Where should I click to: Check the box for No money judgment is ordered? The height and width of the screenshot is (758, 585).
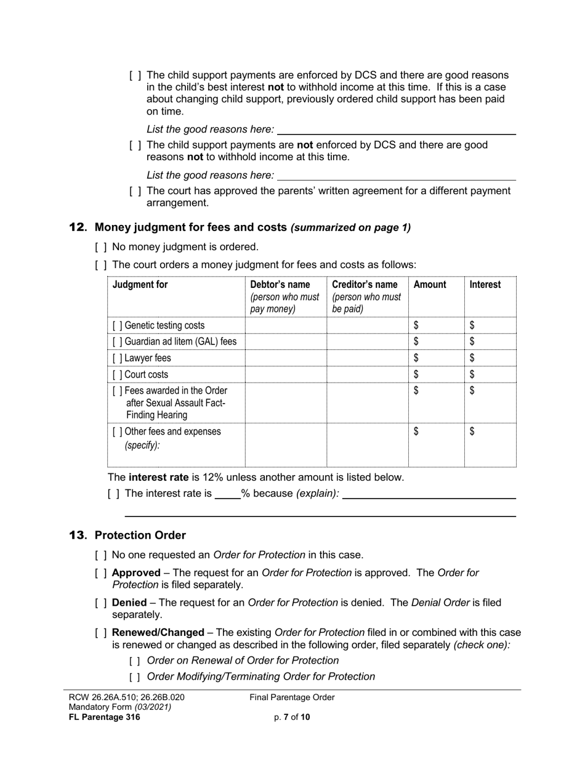pos(101,247)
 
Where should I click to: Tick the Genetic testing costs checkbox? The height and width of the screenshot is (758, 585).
pos(118,325)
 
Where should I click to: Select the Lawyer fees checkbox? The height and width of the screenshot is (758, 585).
pos(118,358)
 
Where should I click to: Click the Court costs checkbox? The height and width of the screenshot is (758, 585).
pos(118,375)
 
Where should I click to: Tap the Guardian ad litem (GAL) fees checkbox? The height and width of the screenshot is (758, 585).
pos(118,341)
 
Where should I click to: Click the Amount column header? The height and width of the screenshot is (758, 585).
pos(430,285)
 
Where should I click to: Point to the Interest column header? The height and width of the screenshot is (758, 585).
pos(485,285)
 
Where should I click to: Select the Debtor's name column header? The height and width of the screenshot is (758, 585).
pos(280,285)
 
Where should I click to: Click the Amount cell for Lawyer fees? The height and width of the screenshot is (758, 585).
pos(436,358)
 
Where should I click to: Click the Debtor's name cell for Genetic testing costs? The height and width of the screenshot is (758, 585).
pos(286,325)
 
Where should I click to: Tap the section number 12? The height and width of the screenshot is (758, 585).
pos(78,227)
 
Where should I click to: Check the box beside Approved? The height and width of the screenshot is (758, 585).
pos(101,573)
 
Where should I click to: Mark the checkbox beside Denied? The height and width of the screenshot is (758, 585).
pos(101,603)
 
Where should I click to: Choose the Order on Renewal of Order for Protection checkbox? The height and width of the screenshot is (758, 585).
pos(135,661)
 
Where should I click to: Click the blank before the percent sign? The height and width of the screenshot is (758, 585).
pos(227,494)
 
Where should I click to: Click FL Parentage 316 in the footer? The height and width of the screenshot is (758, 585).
pos(104,717)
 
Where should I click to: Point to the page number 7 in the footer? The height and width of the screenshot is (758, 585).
pos(286,717)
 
